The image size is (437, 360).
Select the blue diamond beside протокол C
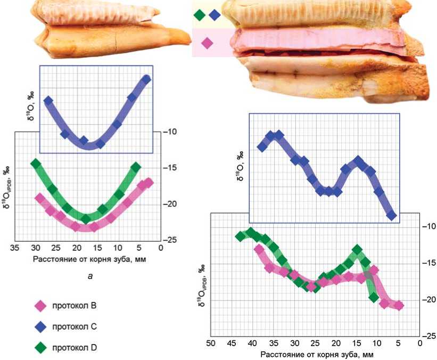click(39, 327)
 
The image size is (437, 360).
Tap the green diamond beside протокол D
click(39, 348)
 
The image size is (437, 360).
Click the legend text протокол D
click(74, 348)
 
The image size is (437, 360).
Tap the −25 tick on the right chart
click(428, 336)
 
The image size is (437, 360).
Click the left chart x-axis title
click(89, 259)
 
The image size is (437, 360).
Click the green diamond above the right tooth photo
click(200, 15)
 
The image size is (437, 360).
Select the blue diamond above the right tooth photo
click(215, 15)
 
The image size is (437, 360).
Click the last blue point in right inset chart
click(392, 215)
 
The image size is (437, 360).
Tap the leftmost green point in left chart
click(36, 163)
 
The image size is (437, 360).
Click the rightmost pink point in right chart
click(399, 306)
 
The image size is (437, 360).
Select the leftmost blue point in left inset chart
click(48, 100)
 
